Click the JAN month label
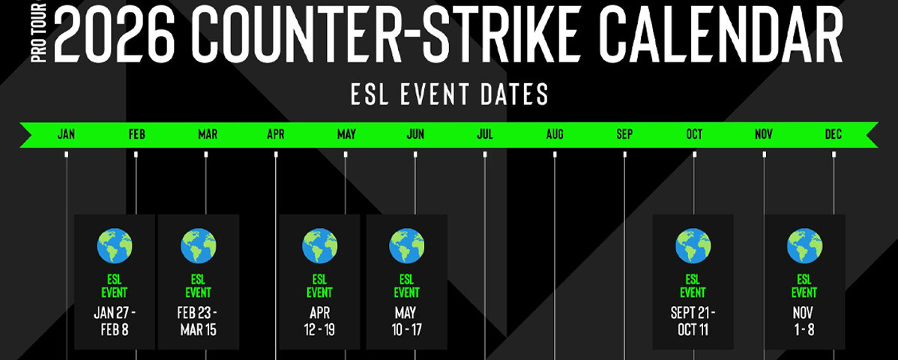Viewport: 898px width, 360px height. [66, 135]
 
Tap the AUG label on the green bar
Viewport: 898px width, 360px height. [555, 135]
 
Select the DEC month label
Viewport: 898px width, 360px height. [834, 135]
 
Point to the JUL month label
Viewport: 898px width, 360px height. [484, 135]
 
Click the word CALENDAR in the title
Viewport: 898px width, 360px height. [720, 33]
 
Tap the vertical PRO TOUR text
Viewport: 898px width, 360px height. [39, 33]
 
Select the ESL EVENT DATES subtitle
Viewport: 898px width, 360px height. [449, 94]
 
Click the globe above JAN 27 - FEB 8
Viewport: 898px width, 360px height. [115, 246]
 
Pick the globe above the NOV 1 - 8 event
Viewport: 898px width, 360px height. [804, 246]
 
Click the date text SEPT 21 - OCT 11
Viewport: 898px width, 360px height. [693, 322]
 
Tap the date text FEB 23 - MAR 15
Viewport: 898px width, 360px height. [198, 322]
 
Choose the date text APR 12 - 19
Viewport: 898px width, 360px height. [319, 322]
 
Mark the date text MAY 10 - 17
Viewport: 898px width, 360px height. [406, 322]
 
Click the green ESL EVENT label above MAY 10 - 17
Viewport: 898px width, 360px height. [406, 286]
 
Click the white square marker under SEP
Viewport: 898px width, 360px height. [624, 154]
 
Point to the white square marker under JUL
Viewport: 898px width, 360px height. [484, 154]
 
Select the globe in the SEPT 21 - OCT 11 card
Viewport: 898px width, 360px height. [693, 246]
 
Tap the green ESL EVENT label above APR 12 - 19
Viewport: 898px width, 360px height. [319, 286]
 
